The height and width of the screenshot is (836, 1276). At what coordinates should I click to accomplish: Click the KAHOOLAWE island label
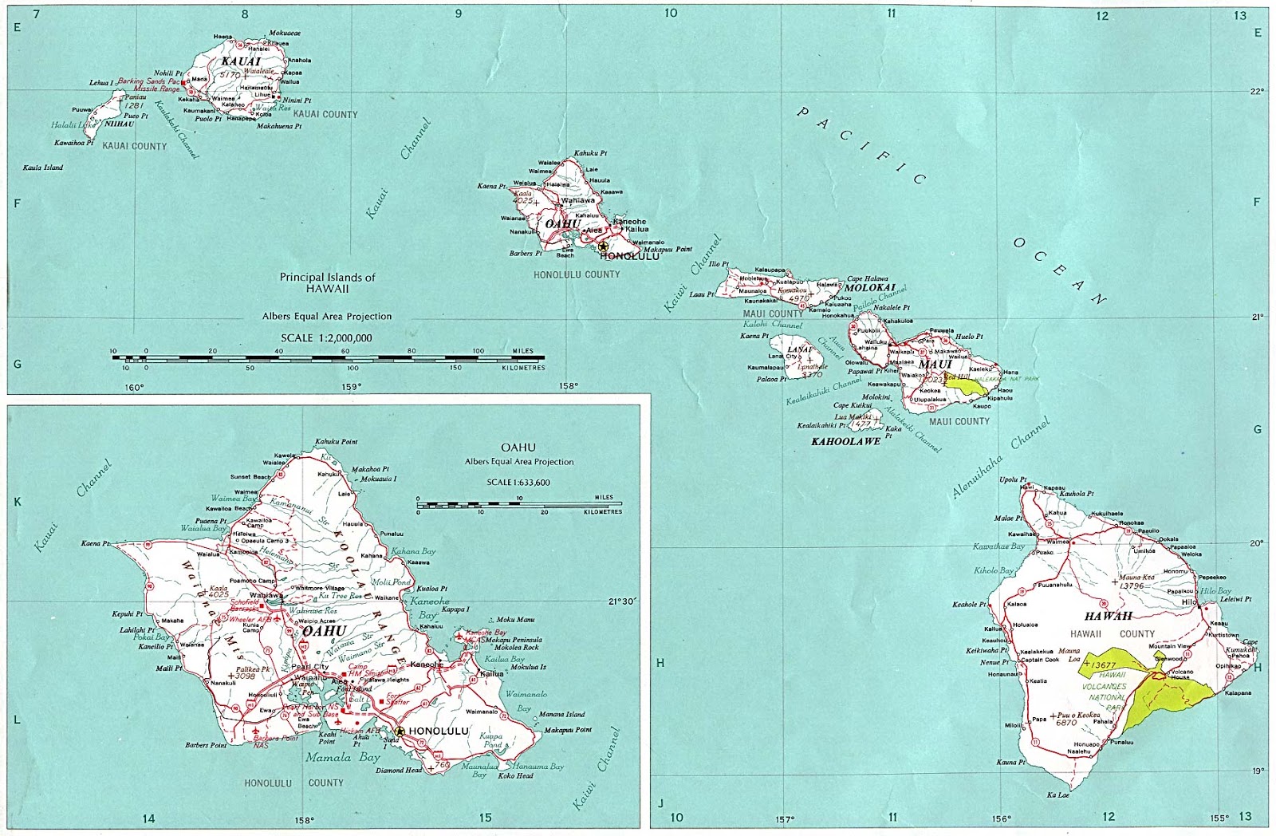coord(845,441)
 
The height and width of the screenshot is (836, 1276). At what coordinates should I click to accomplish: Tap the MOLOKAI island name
coord(870,287)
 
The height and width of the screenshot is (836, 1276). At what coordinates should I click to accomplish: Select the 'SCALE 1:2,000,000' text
coord(326,337)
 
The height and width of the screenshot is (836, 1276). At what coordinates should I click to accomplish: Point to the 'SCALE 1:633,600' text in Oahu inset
coord(518,482)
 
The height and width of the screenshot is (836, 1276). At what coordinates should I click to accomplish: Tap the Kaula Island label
coord(43,168)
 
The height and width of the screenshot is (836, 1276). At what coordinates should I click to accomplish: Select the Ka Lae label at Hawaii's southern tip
coord(1057,795)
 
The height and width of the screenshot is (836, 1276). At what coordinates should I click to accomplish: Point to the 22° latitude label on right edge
coord(1257,91)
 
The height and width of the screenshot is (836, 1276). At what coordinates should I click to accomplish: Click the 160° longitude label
coord(134,388)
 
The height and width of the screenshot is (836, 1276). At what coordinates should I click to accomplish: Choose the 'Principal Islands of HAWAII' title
coord(327,282)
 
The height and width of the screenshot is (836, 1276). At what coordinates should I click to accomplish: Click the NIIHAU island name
coord(120,124)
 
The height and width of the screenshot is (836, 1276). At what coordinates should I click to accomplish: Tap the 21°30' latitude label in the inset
coord(623,601)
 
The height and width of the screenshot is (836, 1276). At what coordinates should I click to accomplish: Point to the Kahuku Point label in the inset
coord(336,441)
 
